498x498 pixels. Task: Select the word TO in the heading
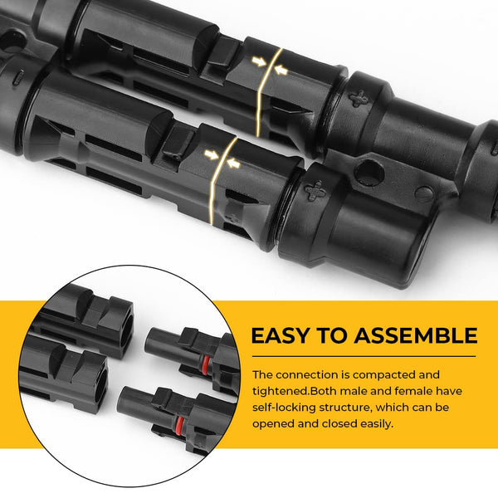pos(335,336)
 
